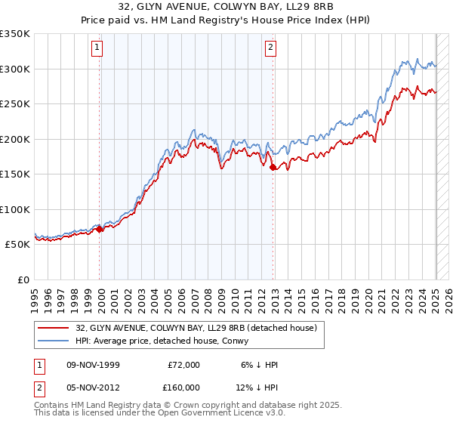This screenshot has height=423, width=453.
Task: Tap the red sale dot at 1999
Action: click(x=100, y=229)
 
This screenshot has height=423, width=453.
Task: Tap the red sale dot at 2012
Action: click(x=273, y=168)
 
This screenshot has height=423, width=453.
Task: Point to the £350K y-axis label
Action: click(x=15, y=34)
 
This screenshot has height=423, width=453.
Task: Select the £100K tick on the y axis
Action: click(x=15, y=209)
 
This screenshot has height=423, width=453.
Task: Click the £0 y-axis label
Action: click(x=23, y=279)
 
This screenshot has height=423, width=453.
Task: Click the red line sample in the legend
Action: click(x=54, y=327)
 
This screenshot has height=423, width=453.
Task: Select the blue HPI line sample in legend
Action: click(x=54, y=341)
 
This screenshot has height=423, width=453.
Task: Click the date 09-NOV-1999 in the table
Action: click(x=92, y=365)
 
